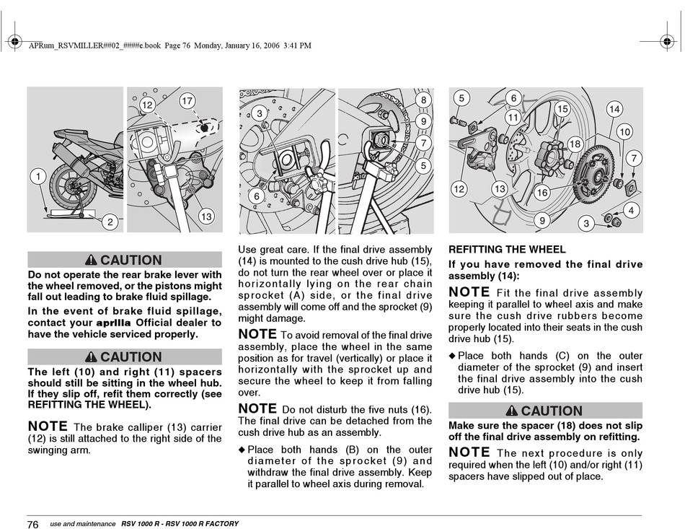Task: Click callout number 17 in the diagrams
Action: point(187,101)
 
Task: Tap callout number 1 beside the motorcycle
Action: point(38,177)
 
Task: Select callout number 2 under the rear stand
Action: point(110,222)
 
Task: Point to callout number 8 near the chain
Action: point(423,100)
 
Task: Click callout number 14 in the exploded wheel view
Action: point(614,109)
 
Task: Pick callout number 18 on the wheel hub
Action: point(575,144)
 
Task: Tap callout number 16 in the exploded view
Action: point(542,193)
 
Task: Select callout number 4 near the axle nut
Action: point(631,211)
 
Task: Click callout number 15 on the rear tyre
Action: point(562,108)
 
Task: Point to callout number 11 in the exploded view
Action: point(513,117)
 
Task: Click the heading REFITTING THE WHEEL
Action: point(507,250)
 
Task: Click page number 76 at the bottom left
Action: point(32,524)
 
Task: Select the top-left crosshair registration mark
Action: point(14,42)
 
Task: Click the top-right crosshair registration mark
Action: point(667,42)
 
